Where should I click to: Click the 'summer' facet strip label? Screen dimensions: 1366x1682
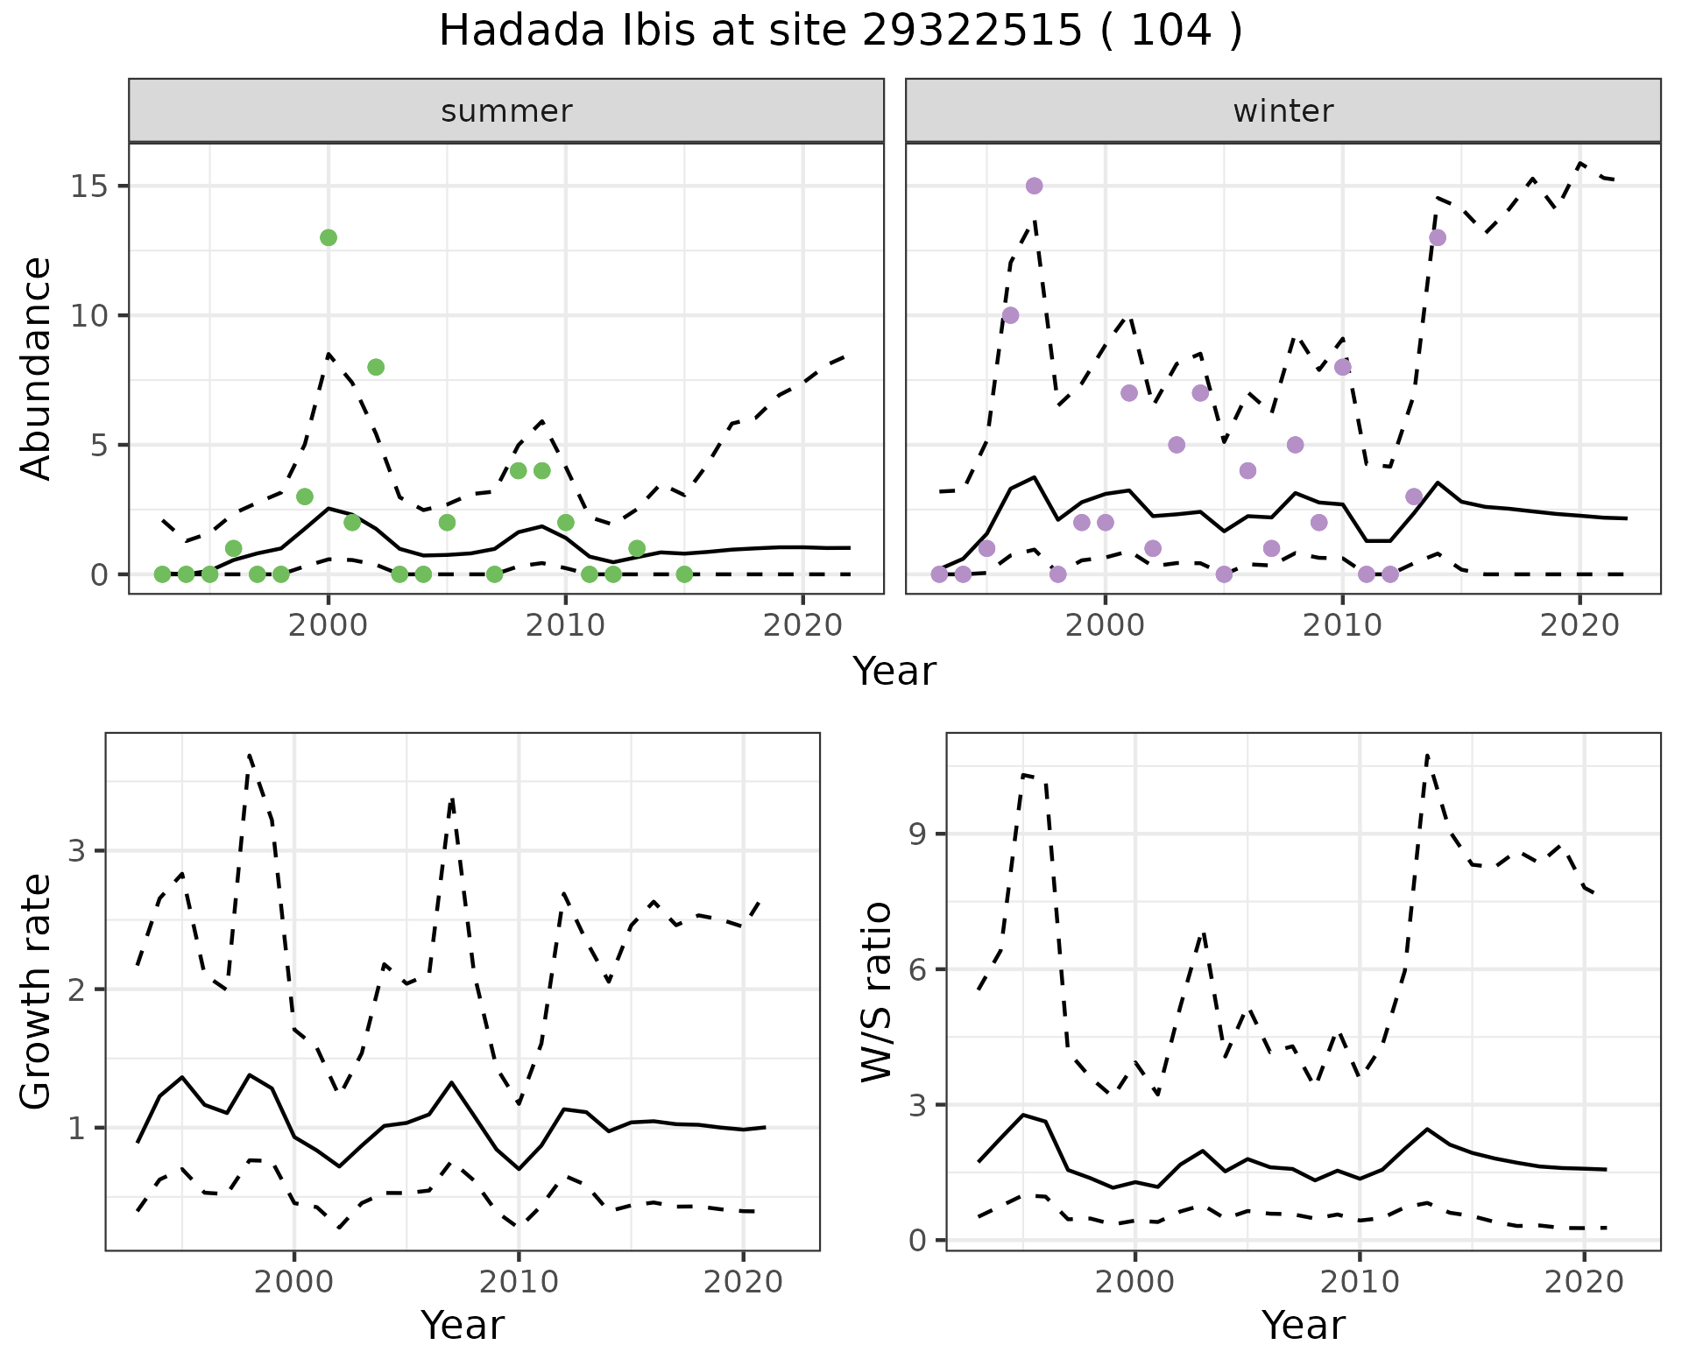click(506, 111)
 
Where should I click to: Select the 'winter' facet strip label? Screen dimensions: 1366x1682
click(1283, 111)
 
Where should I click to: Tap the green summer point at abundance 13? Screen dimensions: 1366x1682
click(329, 237)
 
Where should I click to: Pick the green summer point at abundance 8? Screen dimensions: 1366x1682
click(376, 367)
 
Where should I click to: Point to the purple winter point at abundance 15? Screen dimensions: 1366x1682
click(1034, 186)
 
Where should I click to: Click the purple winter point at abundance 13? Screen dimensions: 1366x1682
click(1437, 237)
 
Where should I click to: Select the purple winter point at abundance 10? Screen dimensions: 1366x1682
click(1010, 315)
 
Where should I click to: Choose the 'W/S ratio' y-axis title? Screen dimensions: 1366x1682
click(877, 991)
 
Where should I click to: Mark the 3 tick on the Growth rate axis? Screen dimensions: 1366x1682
click(76, 851)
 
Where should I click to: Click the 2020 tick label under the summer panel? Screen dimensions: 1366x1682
click(802, 625)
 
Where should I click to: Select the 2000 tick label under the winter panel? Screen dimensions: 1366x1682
click(1105, 625)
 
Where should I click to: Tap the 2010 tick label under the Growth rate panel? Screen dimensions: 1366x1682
click(519, 1283)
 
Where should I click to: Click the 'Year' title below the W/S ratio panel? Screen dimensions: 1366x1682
click(1304, 1326)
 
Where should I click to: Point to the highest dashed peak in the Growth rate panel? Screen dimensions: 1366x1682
click(250, 755)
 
